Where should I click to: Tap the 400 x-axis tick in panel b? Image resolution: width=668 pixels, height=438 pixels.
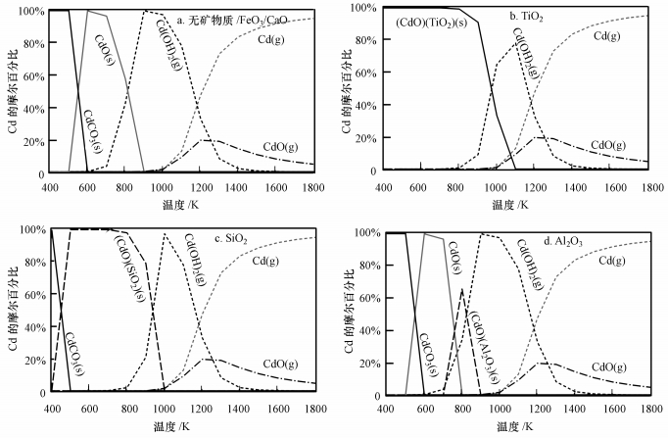[383, 184]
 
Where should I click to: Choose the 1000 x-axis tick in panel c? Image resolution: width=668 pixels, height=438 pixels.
[164, 410]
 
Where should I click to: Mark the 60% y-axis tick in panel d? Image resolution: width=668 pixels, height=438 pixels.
[363, 298]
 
